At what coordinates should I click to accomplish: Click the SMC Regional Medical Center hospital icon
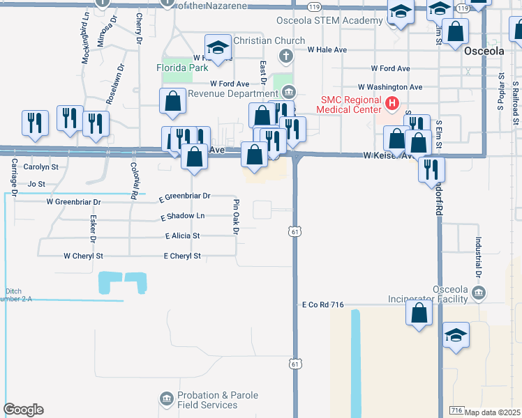pyautogui.click(x=392, y=104)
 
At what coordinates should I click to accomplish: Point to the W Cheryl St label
pyautogui.click(x=83, y=256)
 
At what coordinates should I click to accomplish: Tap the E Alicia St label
pyautogui.click(x=183, y=237)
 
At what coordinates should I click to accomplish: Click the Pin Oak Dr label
pyautogui.click(x=236, y=216)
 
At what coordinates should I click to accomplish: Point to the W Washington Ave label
pyautogui.click(x=389, y=87)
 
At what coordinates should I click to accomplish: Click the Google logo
pyautogui.click(x=23, y=410)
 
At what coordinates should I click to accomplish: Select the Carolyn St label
pyautogui.click(x=40, y=167)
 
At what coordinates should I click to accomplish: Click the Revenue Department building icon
pyautogui.click(x=289, y=93)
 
